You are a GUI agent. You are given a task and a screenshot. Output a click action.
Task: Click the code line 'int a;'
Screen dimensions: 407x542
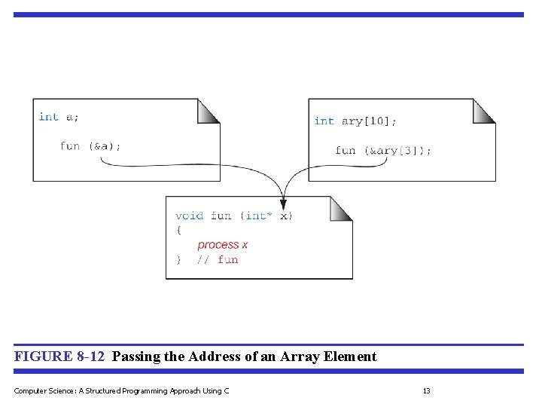(x=59, y=117)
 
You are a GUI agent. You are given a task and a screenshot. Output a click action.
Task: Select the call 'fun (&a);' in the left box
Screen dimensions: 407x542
(x=90, y=146)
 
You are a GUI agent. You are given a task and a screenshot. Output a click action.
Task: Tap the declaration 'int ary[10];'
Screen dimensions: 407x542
(x=355, y=121)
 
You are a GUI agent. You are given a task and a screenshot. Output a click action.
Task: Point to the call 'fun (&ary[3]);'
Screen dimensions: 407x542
(x=383, y=151)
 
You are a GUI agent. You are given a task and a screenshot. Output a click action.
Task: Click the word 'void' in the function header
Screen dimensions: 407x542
(x=189, y=216)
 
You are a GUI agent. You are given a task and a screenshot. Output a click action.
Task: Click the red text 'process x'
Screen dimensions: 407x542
(x=222, y=245)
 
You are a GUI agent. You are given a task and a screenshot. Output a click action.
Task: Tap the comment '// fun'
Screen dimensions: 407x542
(x=217, y=260)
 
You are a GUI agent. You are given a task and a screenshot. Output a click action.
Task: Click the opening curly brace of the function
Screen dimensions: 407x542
(x=178, y=231)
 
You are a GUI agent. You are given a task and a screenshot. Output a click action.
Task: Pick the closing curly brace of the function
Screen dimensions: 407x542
(x=178, y=260)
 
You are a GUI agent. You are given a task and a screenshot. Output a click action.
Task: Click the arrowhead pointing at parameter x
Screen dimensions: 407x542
(x=282, y=203)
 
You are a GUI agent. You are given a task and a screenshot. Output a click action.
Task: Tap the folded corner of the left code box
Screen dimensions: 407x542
(x=208, y=111)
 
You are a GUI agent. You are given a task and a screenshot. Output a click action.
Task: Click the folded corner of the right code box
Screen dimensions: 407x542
(x=483, y=111)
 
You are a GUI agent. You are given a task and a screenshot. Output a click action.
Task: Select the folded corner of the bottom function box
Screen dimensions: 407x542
(x=340, y=209)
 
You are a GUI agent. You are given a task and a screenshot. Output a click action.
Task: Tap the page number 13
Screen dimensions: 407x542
(x=426, y=390)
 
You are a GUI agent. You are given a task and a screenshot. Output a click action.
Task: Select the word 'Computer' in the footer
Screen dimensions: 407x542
(x=31, y=390)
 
